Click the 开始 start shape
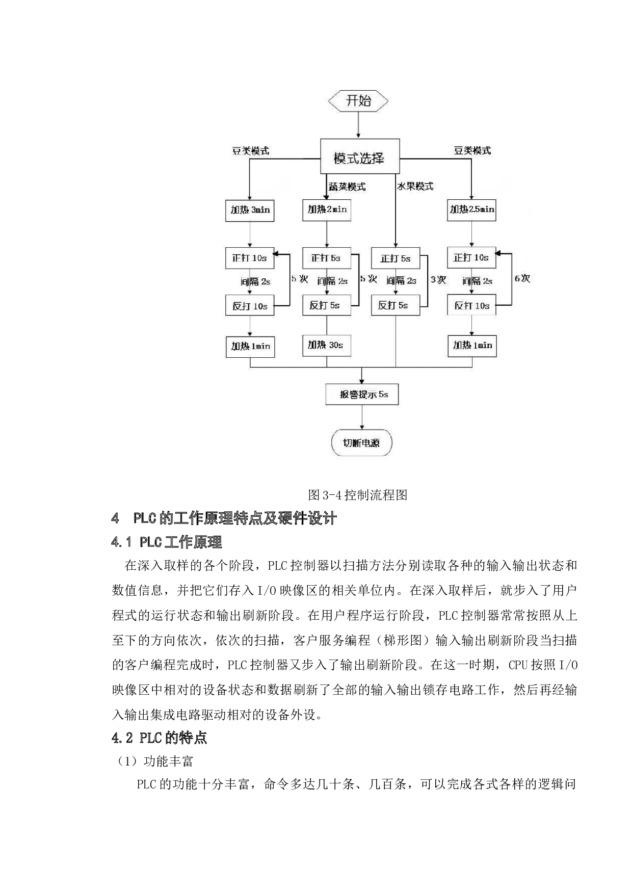click(x=358, y=101)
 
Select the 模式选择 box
click(x=359, y=158)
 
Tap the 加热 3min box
click(x=250, y=210)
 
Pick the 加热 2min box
click(x=327, y=209)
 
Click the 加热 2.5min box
click(x=471, y=209)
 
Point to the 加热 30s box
click(x=326, y=345)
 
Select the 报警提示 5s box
click(x=362, y=395)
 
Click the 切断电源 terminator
click(x=361, y=443)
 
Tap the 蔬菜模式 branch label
click(x=347, y=187)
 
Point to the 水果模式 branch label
click(x=415, y=187)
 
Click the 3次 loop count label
click(x=438, y=280)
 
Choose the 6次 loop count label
click(x=522, y=278)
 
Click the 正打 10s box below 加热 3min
click(x=250, y=258)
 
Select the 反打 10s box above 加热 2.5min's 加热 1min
click(x=471, y=306)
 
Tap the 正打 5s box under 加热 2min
click(x=327, y=258)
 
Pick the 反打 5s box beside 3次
click(x=396, y=305)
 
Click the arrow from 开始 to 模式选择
click(x=358, y=125)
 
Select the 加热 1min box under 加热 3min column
click(x=250, y=347)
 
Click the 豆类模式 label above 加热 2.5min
click(x=472, y=151)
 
